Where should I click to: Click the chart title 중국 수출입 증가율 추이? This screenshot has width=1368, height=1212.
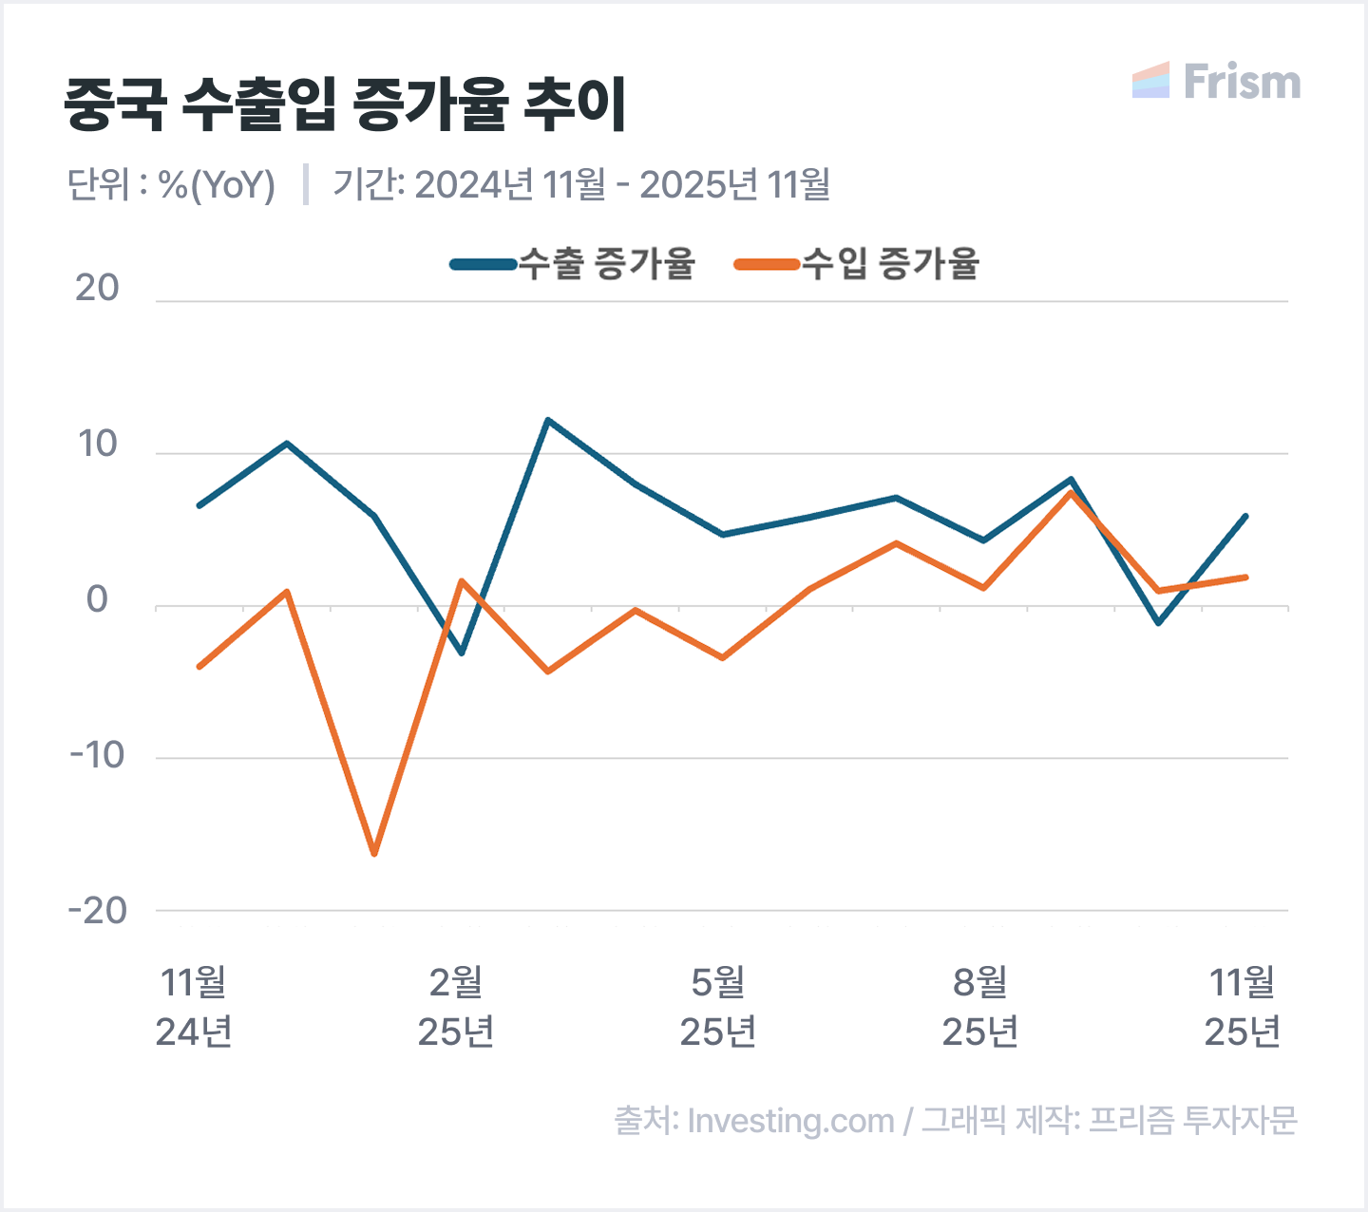pos(346,104)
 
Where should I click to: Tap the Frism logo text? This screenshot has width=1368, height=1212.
pos(1241,83)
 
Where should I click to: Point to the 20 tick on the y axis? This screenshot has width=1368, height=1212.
pos(97,288)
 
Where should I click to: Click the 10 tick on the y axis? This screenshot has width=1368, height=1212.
pos(97,444)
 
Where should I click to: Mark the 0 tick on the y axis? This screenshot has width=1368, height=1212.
pos(97,599)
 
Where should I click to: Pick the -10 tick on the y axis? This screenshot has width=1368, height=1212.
pos(97,755)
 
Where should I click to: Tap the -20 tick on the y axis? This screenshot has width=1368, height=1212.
pos(97,911)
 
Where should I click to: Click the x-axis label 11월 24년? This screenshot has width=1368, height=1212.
pos(195,1007)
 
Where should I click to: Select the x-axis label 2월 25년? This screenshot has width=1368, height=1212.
pos(456,1007)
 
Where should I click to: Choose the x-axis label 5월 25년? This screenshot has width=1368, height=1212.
pos(718,1007)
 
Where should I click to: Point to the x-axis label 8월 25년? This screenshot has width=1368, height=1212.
pos(980,1007)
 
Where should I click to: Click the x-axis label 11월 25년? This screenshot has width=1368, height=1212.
pos(1243,1007)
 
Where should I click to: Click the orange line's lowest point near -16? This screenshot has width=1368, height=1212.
pos(374,853)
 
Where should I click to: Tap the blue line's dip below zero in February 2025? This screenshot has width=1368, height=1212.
pos(462,653)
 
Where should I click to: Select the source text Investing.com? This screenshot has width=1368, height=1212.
pos(790,1121)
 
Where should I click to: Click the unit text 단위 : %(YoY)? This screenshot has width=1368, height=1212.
pos(171,184)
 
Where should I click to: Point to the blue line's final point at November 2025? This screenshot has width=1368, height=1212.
pos(1244,517)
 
